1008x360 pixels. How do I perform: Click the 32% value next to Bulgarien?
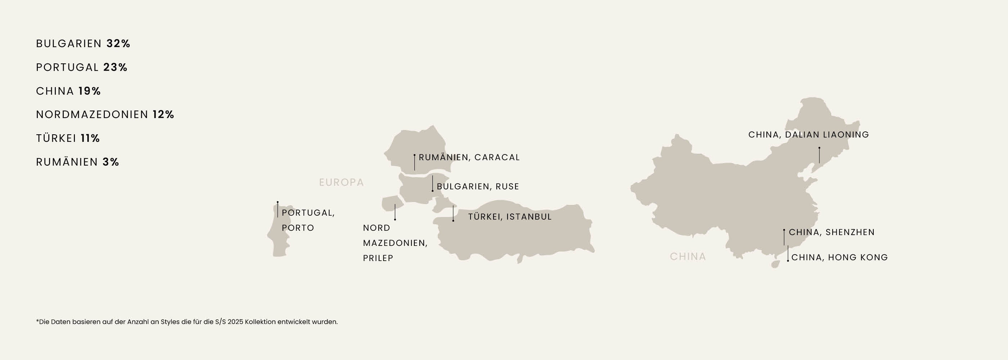(x=118, y=44)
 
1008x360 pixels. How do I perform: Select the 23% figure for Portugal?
(x=116, y=67)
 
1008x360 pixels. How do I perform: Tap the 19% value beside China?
(x=90, y=91)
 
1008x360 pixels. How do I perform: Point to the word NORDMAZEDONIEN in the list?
(x=92, y=114)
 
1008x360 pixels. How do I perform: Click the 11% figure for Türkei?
(x=90, y=139)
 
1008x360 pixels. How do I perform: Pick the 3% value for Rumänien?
(x=111, y=162)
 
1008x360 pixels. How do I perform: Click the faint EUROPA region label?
(x=341, y=183)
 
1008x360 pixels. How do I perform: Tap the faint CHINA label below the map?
(x=688, y=257)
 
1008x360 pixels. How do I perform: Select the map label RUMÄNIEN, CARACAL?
(x=469, y=157)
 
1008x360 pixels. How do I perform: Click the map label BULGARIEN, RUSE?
(x=478, y=186)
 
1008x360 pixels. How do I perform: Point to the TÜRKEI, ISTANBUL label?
(x=510, y=217)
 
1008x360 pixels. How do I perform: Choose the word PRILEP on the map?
(x=378, y=258)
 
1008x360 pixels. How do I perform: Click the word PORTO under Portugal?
(x=298, y=228)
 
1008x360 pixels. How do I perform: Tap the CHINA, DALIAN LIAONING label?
(x=809, y=135)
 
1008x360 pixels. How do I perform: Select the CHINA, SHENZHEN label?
(x=832, y=232)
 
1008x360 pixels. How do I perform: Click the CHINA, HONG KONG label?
(x=840, y=257)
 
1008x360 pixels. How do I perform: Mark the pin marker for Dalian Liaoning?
(x=819, y=148)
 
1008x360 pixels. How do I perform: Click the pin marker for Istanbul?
(x=453, y=221)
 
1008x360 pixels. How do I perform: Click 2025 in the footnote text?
(x=235, y=322)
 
